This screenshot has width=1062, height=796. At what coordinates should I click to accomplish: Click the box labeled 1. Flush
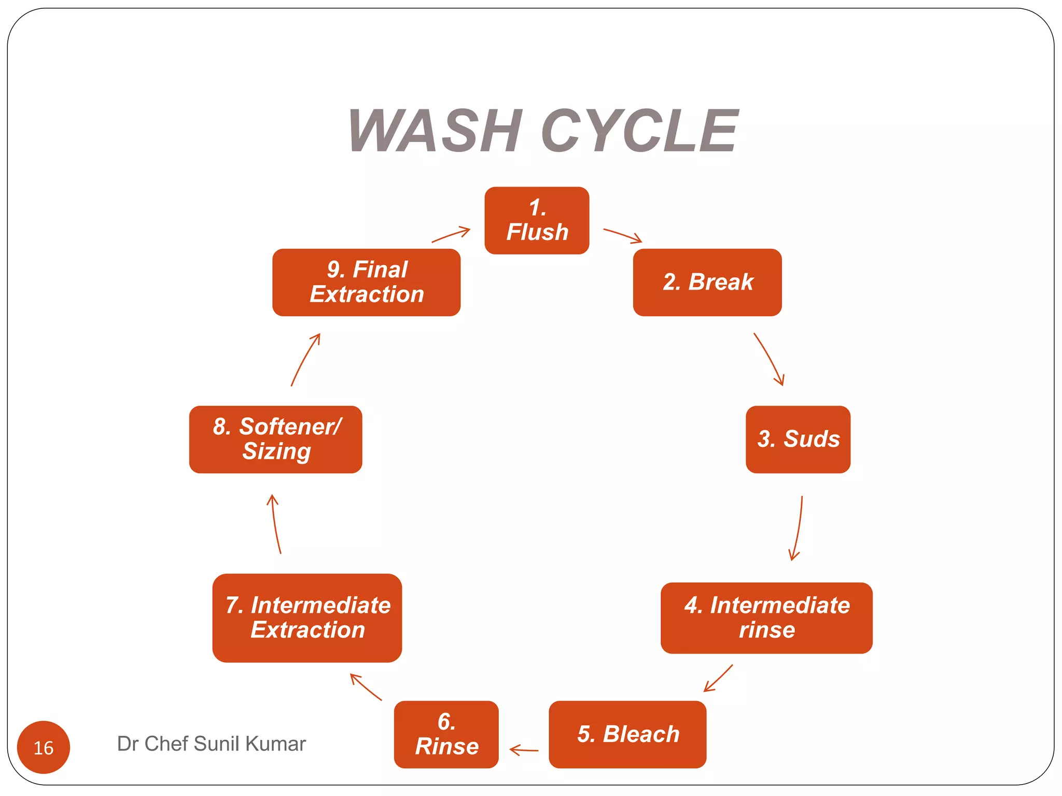[x=537, y=220]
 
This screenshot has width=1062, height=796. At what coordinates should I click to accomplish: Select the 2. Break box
[x=707, y=282]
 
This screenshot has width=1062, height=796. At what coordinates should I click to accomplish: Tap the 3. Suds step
[x=798, y=439]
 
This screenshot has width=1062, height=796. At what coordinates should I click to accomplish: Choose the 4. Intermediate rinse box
[x=766, y=618]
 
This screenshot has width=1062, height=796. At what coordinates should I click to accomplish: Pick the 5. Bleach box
[x=627, y=734]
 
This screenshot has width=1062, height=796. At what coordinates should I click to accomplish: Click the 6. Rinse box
[x=446, y=734]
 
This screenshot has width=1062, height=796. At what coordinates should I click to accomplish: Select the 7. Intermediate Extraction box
[x=307, y=618]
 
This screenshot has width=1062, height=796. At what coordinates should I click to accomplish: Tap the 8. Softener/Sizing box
[x=275, y=439]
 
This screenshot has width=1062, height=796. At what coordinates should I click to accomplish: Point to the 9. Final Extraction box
[x=366, y=282]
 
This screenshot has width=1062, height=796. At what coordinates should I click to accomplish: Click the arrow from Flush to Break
[x=622, y=235]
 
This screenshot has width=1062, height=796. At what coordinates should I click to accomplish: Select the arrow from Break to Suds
[x=770, y=359]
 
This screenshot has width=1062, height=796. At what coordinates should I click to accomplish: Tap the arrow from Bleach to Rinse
[x=524, y=750]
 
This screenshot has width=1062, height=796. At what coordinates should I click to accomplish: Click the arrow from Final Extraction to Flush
[x=451, y=235]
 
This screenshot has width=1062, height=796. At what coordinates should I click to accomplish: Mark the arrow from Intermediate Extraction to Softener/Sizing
[x=275, y=523]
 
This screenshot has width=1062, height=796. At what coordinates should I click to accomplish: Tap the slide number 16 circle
[x=44, y=747]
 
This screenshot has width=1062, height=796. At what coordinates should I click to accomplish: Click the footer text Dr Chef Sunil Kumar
[x=211, y=744]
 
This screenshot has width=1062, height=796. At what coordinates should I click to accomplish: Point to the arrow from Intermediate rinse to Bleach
[x=719, y=678]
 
